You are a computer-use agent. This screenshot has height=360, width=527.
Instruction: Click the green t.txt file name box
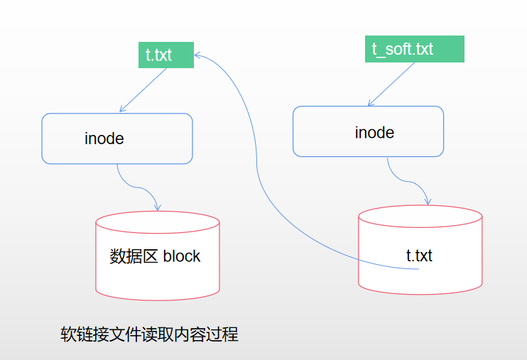pyautogui.click(x=166, y=55)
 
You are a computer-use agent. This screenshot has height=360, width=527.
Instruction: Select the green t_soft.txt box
pyautogui.click(x=415, y=49)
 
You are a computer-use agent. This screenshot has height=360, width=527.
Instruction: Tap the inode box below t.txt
pyautogui.click(x=117, y=138)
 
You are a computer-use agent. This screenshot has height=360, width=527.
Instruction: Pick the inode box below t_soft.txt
pyautogui.click(x=368, y=131)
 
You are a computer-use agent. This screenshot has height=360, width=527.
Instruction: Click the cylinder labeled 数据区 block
pyautogui.click(x=158, y=256)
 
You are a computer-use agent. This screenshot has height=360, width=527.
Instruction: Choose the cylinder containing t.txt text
pyautogui.click(x=420, y=250)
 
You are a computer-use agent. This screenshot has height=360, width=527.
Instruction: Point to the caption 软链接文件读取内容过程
pyautogui.click(x=150, y=334)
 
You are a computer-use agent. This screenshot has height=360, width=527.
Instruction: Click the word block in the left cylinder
pyautogui.click(x=182, y=256)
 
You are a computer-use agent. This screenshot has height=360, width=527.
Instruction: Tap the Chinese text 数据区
pyautogui.click(x=134, y=256)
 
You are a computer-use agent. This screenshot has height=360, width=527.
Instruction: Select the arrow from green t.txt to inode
pyautogui.click(x=143, y=89)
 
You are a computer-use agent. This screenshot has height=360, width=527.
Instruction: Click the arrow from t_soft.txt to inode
pyautogui.click(x=391, y=84)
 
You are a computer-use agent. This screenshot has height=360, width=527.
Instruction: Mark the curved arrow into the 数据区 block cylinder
pyautogui.click(x=138, y=187)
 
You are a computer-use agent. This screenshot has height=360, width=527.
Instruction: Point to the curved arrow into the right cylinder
pyautogui.click(x=408, y=181)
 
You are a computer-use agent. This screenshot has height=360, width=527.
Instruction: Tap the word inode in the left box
pyautogui.click(x=104, y=138)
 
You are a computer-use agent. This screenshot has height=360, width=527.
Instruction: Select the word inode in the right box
pyautogui.click(x=374, y=133)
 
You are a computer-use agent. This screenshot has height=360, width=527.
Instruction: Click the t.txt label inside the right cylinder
pyautogui.click(x=419, y=256)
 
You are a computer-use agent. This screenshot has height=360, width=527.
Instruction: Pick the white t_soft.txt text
pyautogui.click(x=402, y=49)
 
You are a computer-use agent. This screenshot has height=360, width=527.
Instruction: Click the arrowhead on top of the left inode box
pyautogui.click(x=122, y=109)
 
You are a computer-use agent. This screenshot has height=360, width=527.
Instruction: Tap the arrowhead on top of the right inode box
pyautogui.click(x=370, y=103)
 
